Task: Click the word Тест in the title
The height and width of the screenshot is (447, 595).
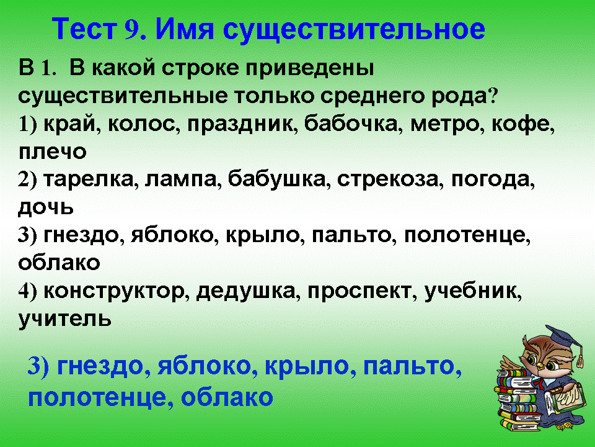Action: click(84, 29)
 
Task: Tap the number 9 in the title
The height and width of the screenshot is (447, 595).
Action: click(131, 30)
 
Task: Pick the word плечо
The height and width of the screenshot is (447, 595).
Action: click(52, 152)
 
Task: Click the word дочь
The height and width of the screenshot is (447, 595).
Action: click(45, 207)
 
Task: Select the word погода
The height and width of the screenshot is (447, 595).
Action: click(493, 180)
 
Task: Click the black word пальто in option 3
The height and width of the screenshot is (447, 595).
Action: click(351, 235)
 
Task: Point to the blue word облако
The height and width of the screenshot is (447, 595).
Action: click(227, 397)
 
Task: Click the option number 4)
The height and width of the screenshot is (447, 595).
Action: click(27, 292)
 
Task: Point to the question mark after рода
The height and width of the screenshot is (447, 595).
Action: click(493, 96)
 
